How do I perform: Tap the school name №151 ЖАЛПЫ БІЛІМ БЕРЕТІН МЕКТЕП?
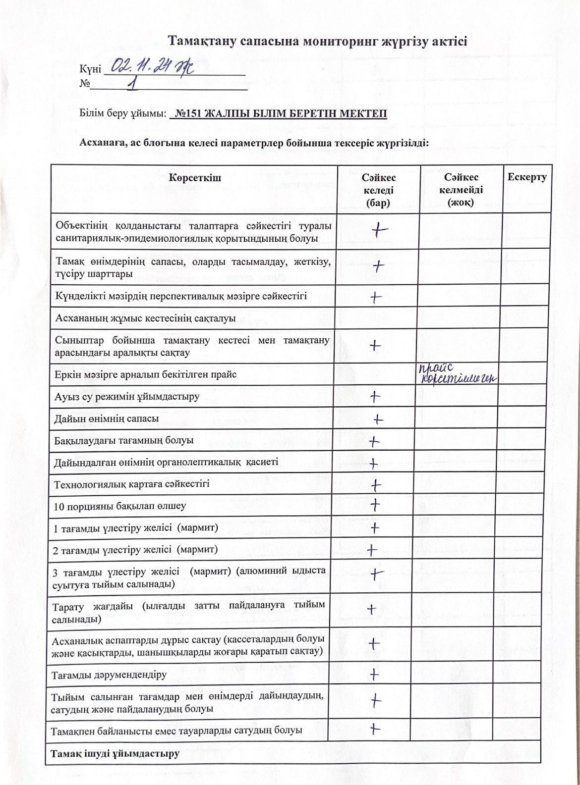coord(278,114)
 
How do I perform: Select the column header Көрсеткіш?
coord(195,177)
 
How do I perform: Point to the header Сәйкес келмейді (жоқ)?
coord(461,190)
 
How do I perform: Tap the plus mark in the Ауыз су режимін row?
coord(376,396)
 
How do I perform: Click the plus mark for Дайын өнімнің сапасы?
coord(378,419)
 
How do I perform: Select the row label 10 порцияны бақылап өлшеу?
coord(120,506)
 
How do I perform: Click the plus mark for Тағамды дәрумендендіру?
coord(375,674)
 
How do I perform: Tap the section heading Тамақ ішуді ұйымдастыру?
coord(115,753)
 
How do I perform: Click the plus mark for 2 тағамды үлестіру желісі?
coord(372,549)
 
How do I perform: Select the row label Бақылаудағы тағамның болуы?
coord(124,440)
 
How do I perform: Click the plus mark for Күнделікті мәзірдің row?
coord(376,297)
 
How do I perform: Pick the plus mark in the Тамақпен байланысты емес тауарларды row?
coord(375,729)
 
